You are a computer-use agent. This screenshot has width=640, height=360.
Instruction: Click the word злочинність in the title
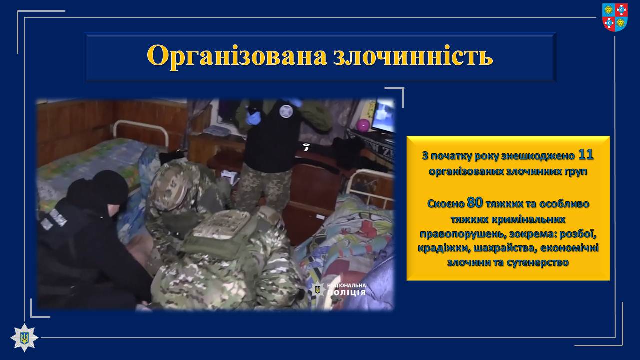[413, 55]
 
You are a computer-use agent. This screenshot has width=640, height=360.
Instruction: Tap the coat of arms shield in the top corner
[615, 17]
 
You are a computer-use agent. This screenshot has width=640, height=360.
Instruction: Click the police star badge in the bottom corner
[24, 337]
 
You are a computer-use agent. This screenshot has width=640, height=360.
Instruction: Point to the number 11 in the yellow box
[585, 155]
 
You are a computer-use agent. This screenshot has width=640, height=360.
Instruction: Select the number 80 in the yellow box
[475, 203]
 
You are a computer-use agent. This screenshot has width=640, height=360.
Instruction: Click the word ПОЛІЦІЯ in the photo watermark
[346, 293]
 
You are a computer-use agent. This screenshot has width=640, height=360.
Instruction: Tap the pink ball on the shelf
[363, 125]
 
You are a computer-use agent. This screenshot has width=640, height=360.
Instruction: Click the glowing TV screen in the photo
[385, 115]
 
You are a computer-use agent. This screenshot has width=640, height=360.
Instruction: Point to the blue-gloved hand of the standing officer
[253, 118]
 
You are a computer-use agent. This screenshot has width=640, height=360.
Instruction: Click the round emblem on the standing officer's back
[286, 110]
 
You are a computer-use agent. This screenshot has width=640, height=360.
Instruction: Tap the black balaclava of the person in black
[98, 189]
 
